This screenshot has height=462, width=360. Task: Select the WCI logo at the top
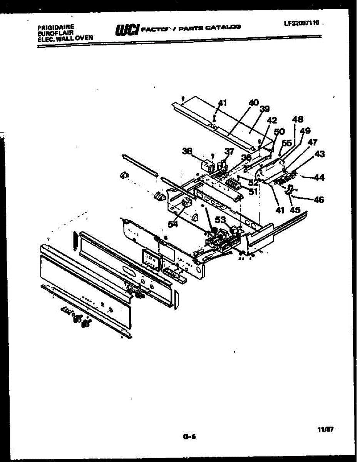tap(127, 29)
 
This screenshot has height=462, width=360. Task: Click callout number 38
tap(188, 151)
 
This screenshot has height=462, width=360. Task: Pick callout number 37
tap(229, 152)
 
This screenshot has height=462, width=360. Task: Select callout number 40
tap(253, 103)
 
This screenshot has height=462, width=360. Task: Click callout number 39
tap(265, 109)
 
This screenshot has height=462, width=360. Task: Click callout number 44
tap(319, 178)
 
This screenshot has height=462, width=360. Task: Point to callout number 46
tap(319, 200)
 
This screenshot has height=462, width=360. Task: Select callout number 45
tap(295, 210)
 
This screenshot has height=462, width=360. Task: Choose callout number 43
tap(319, 154)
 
